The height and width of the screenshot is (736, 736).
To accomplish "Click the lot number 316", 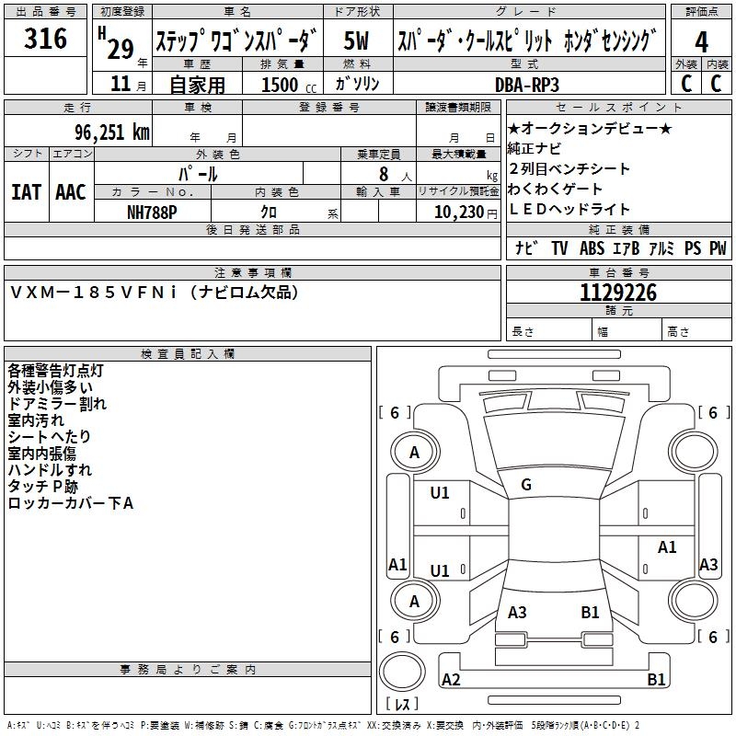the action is click(46, 39).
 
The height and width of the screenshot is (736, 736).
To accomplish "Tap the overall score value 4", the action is click(702, 41).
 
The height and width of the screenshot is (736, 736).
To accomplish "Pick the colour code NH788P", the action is click(153, 211).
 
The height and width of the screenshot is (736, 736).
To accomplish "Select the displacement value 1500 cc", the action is click(281, 85).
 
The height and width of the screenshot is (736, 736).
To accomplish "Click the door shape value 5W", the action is click(357, 41).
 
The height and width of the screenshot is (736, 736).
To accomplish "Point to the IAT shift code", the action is click(27, 191).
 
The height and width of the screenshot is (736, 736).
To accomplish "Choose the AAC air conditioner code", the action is click(71, 191).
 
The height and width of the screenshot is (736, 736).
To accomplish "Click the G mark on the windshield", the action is click(525, 484).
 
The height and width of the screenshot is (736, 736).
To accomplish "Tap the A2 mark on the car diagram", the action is click(451, 680).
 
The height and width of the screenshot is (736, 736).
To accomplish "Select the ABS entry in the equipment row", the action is click(592, 248).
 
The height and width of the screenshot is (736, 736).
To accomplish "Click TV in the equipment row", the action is click(559, 248).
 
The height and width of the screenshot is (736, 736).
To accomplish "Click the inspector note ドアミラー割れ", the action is click(56, 403).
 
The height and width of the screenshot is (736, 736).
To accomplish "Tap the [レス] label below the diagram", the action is click(402, 705).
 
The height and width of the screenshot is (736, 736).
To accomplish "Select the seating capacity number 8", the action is click(381, 173).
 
